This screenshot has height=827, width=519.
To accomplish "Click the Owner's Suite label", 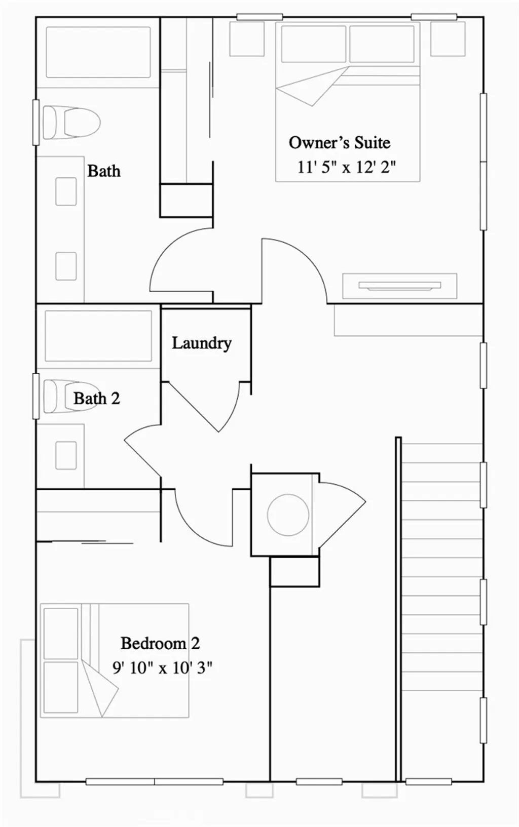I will (339, 143).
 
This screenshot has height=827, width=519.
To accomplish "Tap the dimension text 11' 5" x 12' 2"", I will (346, 167).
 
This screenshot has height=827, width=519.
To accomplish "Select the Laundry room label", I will (201, 343).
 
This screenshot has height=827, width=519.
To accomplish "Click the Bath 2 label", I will (96, 399).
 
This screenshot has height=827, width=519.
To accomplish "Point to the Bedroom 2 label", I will (160, 643).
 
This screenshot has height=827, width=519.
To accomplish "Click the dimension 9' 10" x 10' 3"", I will (162, 667).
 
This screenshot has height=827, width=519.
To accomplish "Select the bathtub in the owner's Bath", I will (98, 52).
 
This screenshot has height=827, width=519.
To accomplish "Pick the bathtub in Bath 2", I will (98, 336).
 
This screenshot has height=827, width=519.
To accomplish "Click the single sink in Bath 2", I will (66, 455).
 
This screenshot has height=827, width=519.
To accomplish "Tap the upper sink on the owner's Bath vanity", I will (66, 191).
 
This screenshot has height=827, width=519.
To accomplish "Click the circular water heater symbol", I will (288, 515).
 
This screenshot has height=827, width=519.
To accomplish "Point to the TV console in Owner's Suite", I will (399, 286).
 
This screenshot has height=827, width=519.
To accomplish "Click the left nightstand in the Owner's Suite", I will (247, 39).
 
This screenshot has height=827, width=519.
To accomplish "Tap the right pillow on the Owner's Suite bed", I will (381, 44).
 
